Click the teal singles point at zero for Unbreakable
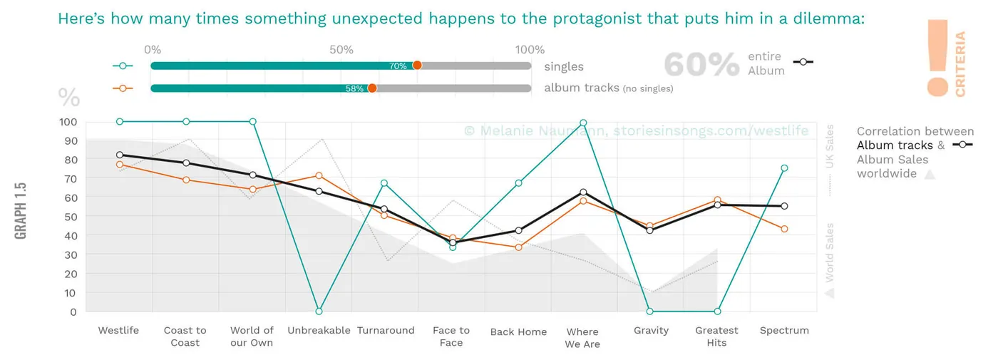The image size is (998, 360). (319, 312)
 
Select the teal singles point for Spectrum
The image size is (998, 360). (784, 168)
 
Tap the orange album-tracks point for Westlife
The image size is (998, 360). (120, 165)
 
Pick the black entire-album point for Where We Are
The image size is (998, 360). (583, 192)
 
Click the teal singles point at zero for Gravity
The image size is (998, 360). (649, 312)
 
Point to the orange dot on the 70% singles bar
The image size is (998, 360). (417, 66)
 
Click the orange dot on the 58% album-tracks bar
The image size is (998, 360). (372, 88)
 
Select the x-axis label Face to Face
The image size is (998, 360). (451, 336)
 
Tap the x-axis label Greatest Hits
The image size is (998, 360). (716, 336)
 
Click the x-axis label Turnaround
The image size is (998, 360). (386, 331)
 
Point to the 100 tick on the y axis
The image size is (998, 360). (68, 122)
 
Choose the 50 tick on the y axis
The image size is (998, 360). (71, 217)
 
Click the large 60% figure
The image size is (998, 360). (701, 65)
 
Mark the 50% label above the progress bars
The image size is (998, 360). (341, 49)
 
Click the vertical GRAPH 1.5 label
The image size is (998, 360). (21, 211)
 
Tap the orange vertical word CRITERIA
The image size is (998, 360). (960, 63)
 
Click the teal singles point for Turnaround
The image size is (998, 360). (384, 183)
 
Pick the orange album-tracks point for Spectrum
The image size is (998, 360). (784, 229)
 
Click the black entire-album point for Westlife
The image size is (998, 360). (120, 155)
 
